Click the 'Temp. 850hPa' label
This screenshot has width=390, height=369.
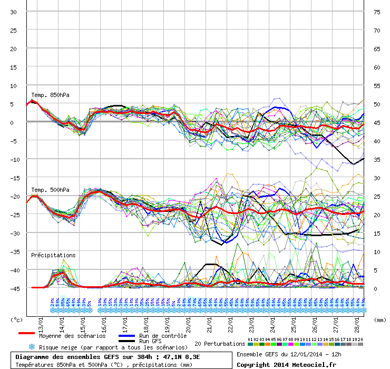[50, 95]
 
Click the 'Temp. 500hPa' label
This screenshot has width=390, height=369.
[50, 190]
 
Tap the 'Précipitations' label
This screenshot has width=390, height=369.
[53, 255]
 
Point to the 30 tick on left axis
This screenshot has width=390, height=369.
[14, 12]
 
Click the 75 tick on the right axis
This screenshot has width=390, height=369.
[377, 12]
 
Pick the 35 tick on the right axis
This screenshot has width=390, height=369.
[377, 159]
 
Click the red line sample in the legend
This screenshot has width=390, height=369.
[26, 334]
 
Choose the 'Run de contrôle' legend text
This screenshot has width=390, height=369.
[162, 336]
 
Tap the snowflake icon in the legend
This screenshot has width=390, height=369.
[32, 347]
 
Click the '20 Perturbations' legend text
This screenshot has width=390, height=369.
[220, 344]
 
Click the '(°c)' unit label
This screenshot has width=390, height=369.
[17, 319]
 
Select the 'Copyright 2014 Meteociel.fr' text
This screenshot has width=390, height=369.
[286, 364]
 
